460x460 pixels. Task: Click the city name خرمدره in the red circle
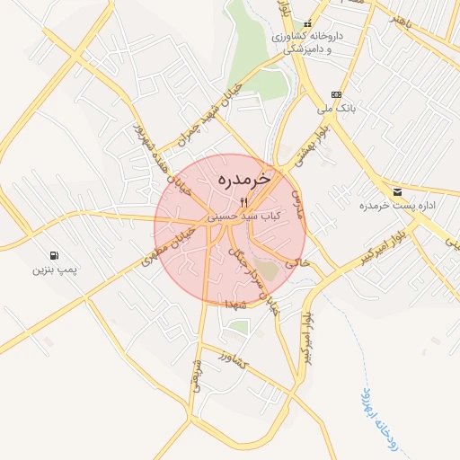pos(243,181)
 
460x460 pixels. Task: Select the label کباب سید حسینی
pos(243,217)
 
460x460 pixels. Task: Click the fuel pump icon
pos(57,255)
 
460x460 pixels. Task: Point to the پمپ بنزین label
pos(57,270)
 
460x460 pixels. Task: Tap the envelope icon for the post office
pos(397,192)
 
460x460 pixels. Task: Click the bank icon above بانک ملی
pos(336,95)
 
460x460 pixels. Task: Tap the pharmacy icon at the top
pos(308,24)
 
